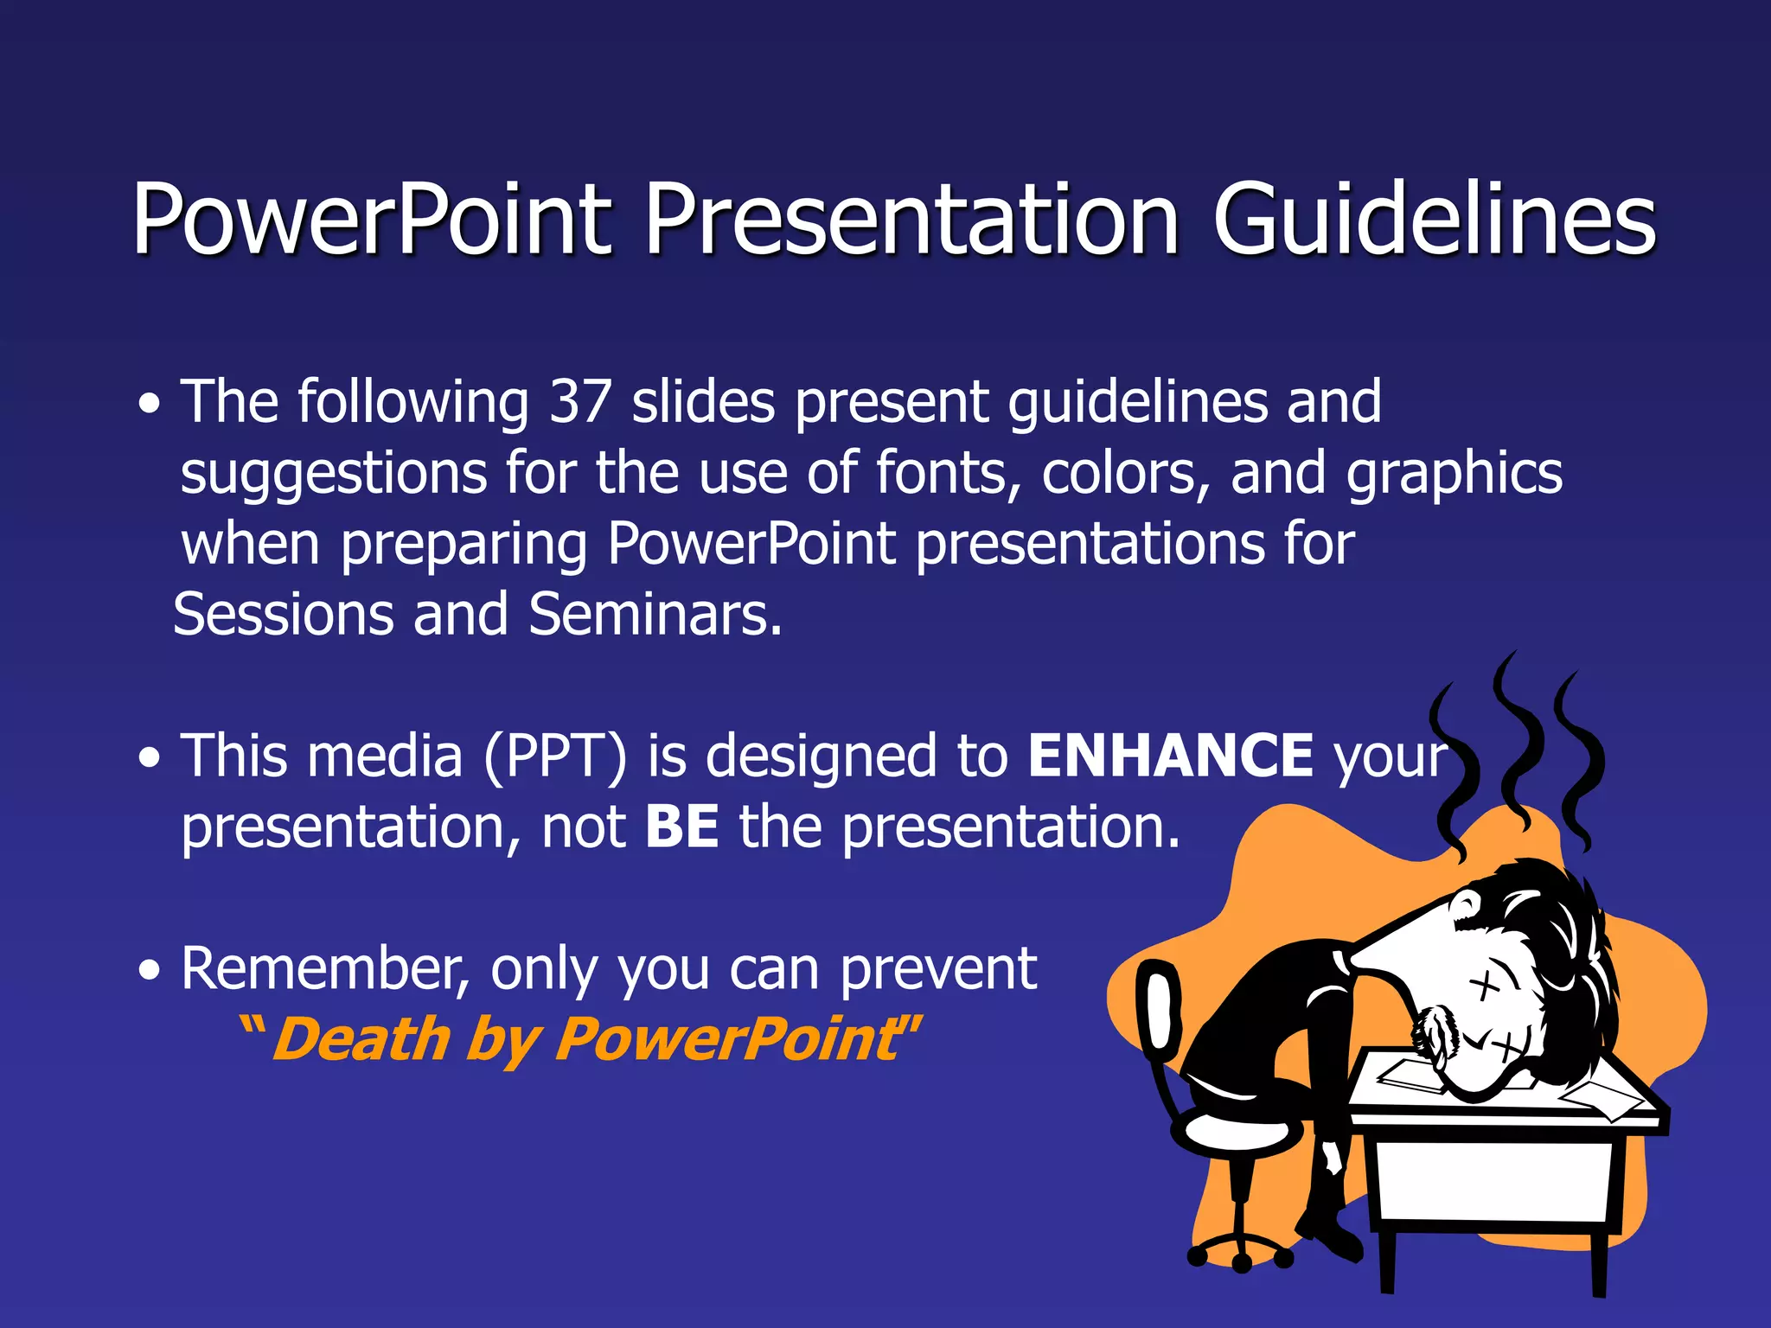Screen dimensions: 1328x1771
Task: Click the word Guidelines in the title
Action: coord(1434,220)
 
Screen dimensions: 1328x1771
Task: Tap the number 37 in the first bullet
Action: coord(580,402)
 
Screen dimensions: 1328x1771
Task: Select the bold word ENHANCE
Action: coord(1170,756)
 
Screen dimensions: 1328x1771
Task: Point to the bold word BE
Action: coord(681,827)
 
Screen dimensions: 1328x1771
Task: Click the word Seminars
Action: coord(655,615)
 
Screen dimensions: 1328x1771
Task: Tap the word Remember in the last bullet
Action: coord(325,968)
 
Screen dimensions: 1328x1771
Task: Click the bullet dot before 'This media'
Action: coord(150,758)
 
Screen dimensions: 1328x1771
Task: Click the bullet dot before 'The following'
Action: coord(150,404)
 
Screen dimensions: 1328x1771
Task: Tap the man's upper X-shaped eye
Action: coord(1484,986)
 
